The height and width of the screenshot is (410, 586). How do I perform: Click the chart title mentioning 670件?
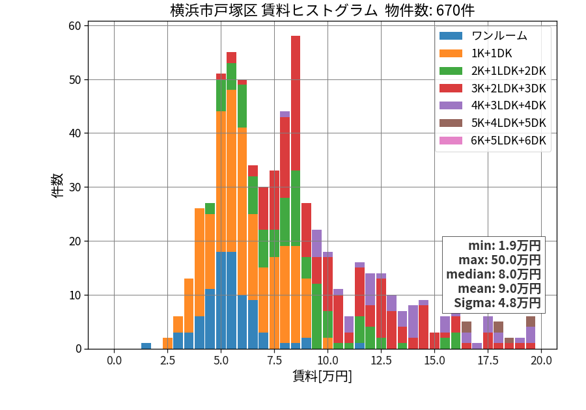click(x=322, y=10)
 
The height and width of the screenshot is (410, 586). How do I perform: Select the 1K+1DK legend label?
click(x=492, y=53)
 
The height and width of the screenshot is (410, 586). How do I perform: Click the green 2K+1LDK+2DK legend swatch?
click(x=451, y=71)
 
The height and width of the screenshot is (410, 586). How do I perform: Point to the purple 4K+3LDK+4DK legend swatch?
click(x=451, y=105)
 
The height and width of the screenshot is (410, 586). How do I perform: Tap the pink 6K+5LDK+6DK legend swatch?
click(x=451, y=141)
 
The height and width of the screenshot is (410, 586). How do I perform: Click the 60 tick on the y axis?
click(x=75, y=26)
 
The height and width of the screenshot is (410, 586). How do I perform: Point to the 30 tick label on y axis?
click(x=75, y=187)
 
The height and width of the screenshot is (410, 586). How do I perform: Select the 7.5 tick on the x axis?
click(x=274, y=361)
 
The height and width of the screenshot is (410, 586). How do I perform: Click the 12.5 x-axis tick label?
click(x=381, y=361)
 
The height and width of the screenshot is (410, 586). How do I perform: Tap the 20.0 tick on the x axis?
click(x=542, y=361)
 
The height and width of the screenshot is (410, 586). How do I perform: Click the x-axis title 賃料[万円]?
click(x=322, y=376)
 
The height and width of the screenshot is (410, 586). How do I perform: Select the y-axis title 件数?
click(x=57, y=185)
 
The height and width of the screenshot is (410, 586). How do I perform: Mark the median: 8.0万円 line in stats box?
click(x=494, y=274)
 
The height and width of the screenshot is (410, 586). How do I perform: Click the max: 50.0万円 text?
click(x=499, y=260)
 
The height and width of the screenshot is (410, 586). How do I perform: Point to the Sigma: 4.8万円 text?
click(x=497, y=303)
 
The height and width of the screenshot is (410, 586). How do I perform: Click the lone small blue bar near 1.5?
click(x=146, y=346)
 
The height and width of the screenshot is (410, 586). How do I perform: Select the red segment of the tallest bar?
click(x=296, y=103)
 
